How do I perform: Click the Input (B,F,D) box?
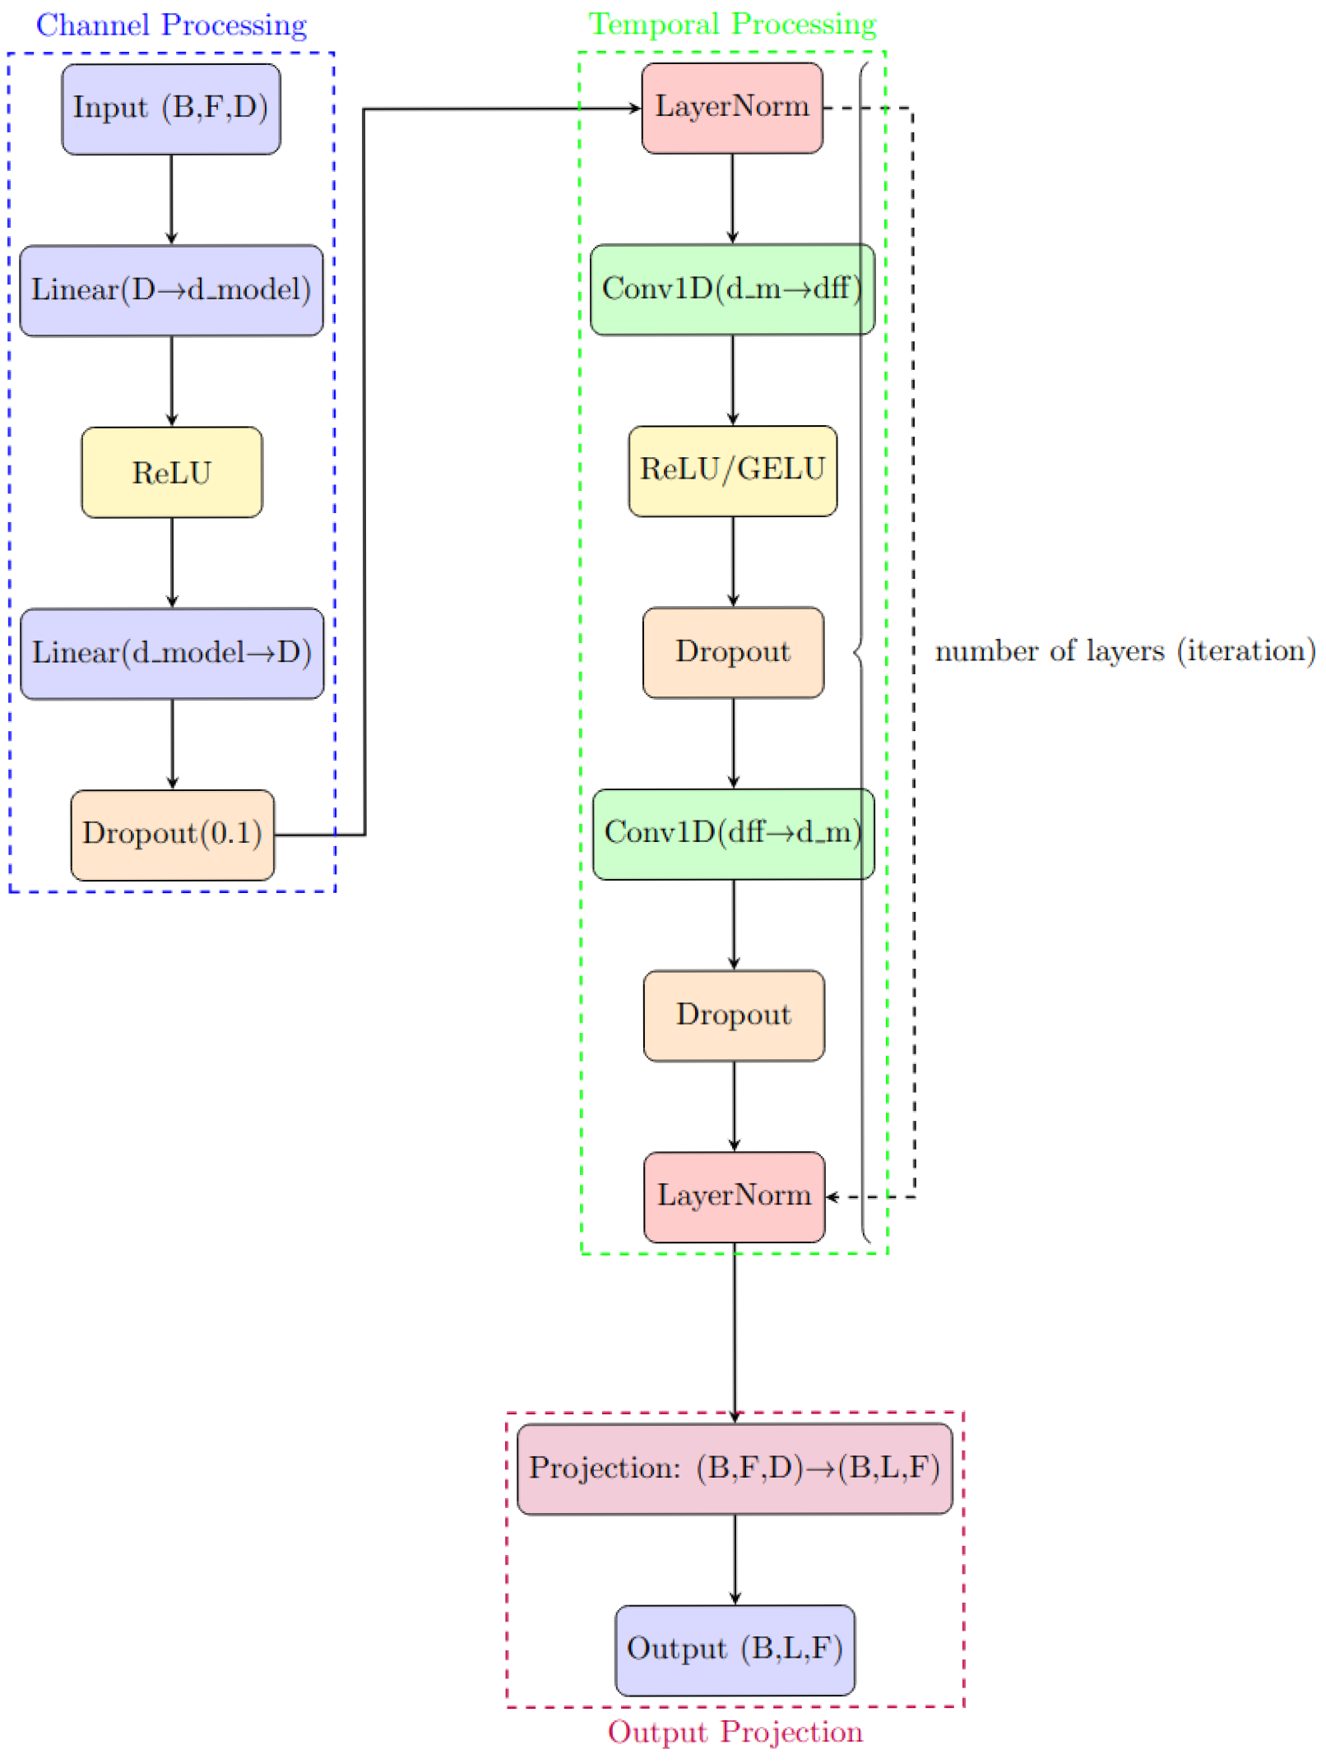[171, 109]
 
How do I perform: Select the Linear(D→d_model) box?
[171, 290]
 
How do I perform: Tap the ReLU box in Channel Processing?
[172, 472]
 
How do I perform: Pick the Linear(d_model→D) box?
[172, 654]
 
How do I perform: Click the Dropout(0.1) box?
[172, 835]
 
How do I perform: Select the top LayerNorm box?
[731, 108]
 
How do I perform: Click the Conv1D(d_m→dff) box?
[731, 289]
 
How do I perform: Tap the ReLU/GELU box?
[732, 470]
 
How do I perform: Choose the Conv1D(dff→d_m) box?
[732, 834]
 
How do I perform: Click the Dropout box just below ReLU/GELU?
[732, 652]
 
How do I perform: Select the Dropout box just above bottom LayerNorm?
[733, 1016]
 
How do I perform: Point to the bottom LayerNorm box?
[734, 1196]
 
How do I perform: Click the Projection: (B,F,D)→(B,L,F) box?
[734, 1469]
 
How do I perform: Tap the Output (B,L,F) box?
[734, 1650]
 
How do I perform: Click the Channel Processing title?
[171, 25]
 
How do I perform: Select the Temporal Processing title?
[731, 25]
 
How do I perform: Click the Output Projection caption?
[735, 1732]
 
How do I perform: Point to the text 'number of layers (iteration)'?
[1124, 651]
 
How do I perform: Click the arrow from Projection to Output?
[735, 1558]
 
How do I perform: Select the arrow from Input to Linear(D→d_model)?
[171, 199]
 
